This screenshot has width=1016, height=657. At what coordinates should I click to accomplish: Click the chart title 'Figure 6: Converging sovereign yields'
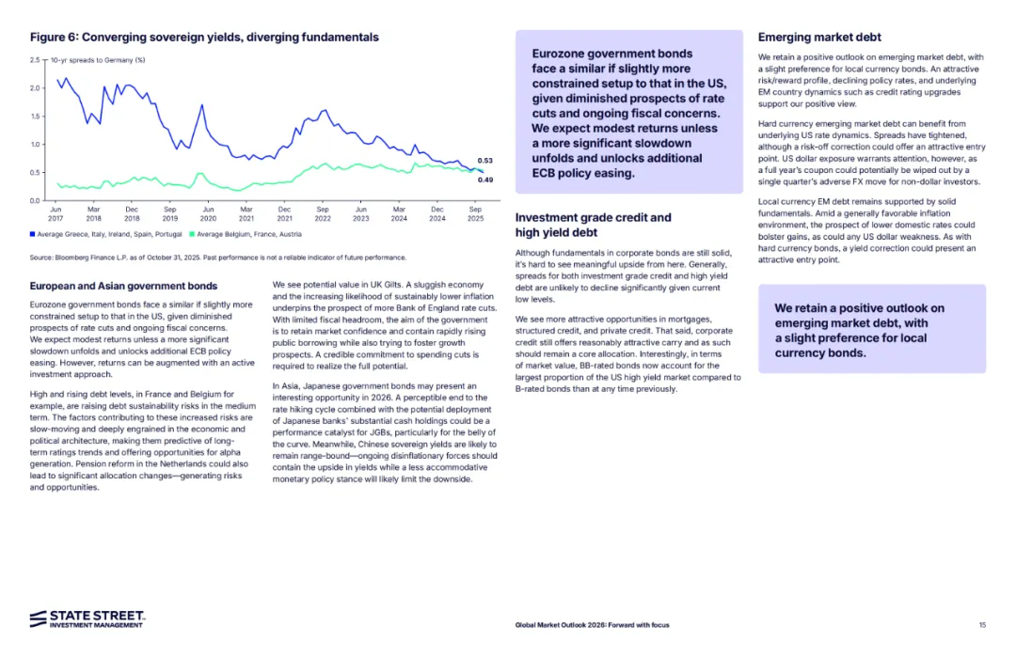(x=204, y=38)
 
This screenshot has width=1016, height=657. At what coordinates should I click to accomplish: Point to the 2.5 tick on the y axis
(x=35, y=60)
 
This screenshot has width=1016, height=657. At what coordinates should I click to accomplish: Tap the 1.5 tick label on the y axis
(x=35, y=117)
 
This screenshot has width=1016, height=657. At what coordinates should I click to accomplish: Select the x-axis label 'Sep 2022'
(x=323, y=212)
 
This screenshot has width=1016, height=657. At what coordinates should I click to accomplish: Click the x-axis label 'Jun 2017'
(x=56, y=212)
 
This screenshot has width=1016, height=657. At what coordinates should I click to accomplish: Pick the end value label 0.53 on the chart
(x=485, y=162)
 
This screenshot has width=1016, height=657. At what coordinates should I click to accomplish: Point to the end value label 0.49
(x=485, y=180)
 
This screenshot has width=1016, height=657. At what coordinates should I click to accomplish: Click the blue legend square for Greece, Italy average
(x=33, y=234)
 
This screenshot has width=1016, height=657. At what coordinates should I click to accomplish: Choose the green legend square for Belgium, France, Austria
(x=191, y=234)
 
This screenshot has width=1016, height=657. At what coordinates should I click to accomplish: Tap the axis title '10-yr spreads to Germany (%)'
(x=98, y=60)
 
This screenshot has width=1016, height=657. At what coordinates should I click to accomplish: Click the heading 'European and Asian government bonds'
(x=123, y=286)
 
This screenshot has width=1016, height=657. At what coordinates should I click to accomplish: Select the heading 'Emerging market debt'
(x=819, y=38)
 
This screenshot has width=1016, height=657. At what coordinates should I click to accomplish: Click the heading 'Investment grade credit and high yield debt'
(x=594, y=225)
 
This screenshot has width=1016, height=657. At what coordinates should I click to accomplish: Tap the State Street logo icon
(x=39, y=618)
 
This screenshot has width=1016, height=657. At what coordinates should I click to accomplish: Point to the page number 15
(x=982, y=625)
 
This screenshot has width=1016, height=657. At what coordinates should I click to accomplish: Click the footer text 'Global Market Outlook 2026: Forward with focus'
(x=592, y=625)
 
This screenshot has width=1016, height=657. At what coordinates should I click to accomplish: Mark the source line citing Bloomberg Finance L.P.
(x=218, y=258)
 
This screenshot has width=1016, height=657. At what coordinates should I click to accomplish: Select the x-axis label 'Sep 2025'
(x=476, y=212)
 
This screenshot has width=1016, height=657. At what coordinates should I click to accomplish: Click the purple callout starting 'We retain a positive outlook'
(x=872, y=330)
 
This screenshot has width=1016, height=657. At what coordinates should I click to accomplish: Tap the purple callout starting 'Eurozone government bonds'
(x=628, y=113)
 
